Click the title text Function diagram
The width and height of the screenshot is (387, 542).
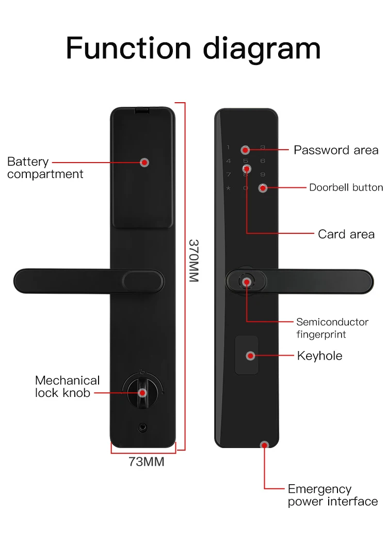click(193, 49)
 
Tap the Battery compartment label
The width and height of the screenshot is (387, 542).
click(45, 168)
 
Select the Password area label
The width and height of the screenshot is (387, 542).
click(336, 150)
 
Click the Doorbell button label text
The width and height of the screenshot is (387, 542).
click(346, 187)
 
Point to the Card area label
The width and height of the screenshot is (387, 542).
click(346, 234)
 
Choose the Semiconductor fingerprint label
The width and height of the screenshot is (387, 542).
click(332, 328)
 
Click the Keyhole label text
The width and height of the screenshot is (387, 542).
click(319, 356)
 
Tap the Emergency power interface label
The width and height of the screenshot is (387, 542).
click(332, 495)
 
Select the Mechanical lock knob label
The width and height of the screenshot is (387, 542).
click(67, 387)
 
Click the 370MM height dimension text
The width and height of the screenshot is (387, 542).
click(193, 260)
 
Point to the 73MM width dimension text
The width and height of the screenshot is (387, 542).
click(147, 461)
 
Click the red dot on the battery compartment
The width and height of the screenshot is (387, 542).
click(145, 163)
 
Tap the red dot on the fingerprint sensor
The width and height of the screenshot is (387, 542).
click(247, 282)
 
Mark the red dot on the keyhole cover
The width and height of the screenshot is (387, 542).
click(251, 356)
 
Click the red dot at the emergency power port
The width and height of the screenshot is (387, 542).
click(265, 444)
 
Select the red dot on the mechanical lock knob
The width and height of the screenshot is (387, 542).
click(143, 393)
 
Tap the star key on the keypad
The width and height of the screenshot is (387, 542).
click(228, 188)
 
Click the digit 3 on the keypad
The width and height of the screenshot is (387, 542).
click(263, 148)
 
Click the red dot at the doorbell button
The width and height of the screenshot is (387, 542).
click(263, 188)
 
